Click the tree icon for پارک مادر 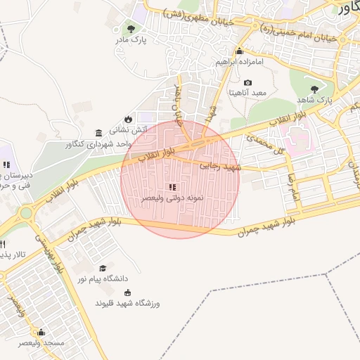(x=131, y=29)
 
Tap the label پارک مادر (x=131, y=41)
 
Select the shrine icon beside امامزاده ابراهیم (x=239, y=51)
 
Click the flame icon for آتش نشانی (x=129, y=118)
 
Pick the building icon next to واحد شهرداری (x=98, y=133)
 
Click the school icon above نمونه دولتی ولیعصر (x=172, y=187)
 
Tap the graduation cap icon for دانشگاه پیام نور (x=103, y=268)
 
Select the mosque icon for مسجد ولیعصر (x=41, y=332)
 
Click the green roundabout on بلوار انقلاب (x=26, y=212)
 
